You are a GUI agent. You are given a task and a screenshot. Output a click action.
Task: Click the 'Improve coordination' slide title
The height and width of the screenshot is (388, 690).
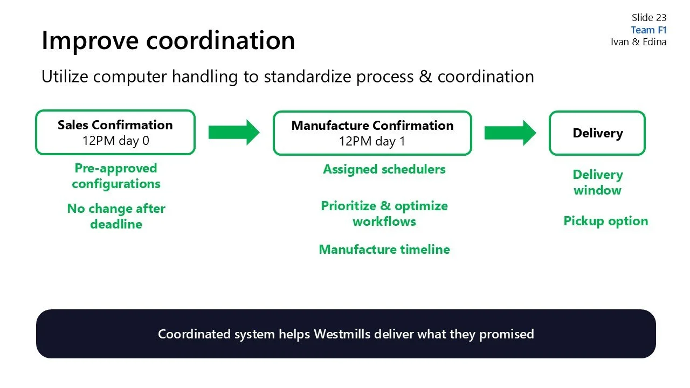pyautogui.click(x=168, y=40)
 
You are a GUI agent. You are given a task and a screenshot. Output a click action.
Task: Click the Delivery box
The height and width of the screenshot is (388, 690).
pyautogui.click(x=597, y=133)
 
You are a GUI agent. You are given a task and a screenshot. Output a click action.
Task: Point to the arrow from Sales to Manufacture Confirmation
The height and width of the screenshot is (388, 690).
pyautogui.click(x=234, y=133)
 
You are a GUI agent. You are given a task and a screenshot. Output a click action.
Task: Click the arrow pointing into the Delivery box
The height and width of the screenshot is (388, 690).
pyautogui.click(x=510, y=133)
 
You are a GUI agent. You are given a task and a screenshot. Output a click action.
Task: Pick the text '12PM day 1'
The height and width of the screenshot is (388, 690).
pyautogui.click(x=372, y=142)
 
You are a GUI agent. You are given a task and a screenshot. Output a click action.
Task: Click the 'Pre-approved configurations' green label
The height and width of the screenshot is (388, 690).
pyautogui.click(x=116, y=176)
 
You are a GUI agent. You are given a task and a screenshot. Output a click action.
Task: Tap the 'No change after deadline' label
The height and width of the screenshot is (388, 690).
pyautogui.click(x=116, y=216)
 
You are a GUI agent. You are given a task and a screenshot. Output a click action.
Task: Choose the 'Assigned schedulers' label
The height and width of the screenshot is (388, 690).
pyautogui.click(x=384, y=169)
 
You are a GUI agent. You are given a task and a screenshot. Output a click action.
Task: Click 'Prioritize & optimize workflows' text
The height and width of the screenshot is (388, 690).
pyautogui.click(x=384, y=213)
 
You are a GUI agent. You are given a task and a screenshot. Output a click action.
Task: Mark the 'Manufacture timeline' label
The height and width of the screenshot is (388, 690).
pyautogui.click(x=384, y=250)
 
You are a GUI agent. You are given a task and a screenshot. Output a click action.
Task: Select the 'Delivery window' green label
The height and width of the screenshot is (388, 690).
pyautogui.click(x=597, y=182)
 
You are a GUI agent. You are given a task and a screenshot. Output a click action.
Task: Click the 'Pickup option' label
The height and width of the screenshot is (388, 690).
pyautogui.click(x=605, y=221)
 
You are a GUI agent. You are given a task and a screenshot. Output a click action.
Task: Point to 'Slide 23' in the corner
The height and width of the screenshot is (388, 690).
pyautogui.click(x=649, y=18)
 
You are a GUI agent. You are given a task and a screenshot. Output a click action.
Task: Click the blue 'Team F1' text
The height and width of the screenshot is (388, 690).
pyautogui.click(x=648, y=30)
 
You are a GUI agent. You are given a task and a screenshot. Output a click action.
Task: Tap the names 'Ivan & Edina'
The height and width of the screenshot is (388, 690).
pyautogui.click(x=638, y=42)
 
